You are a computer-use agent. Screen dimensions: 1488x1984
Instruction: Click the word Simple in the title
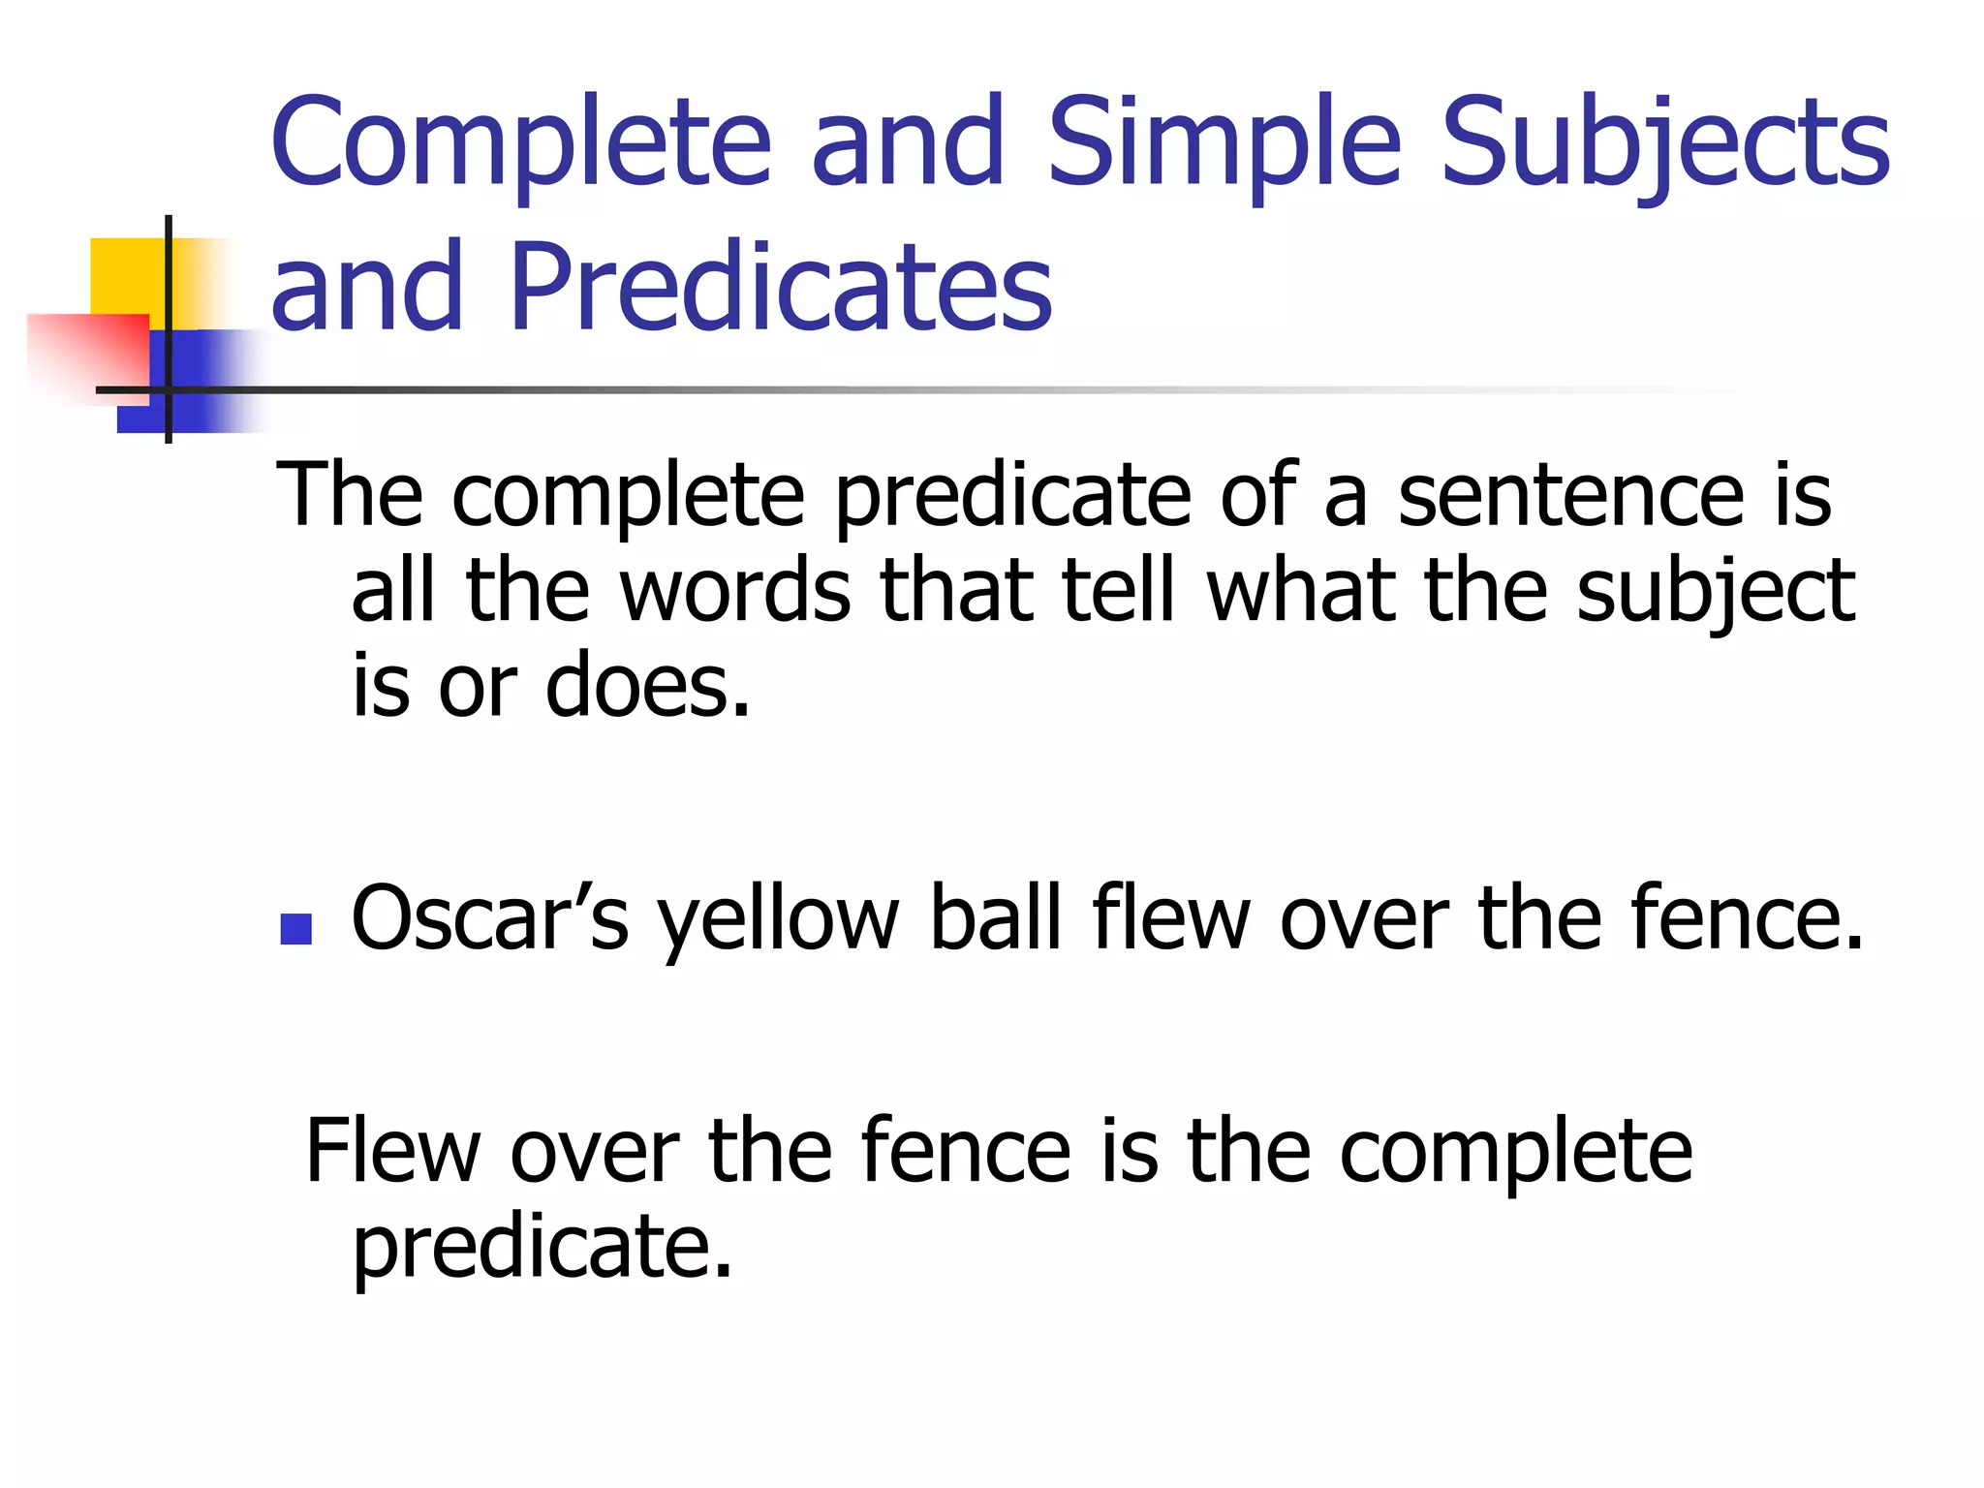[1224, 143]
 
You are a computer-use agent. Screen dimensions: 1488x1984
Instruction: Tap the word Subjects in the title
[1664, 143]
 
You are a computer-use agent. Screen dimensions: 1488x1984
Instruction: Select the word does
[647, 686]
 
